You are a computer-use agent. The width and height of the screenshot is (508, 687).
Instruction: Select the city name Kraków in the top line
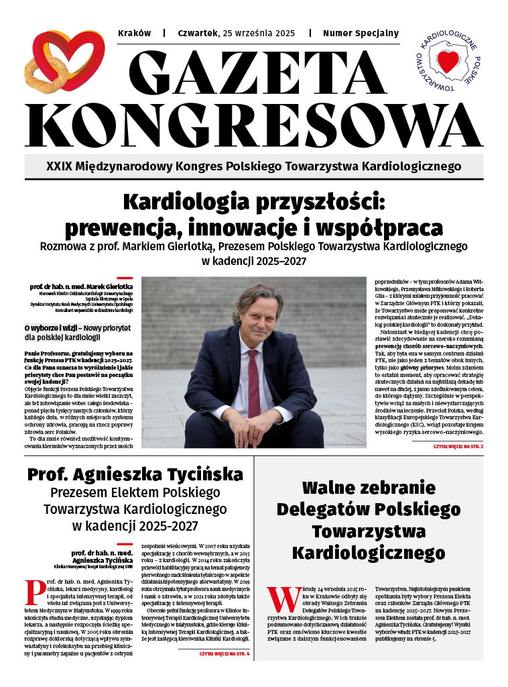coord(134,33)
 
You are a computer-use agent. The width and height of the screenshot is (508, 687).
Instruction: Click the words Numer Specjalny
coord(361,33)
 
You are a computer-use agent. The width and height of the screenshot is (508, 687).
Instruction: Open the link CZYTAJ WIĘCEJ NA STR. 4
coord(224,653)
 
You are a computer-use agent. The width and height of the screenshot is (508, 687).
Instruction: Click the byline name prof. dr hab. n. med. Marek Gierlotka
coord(81,286)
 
